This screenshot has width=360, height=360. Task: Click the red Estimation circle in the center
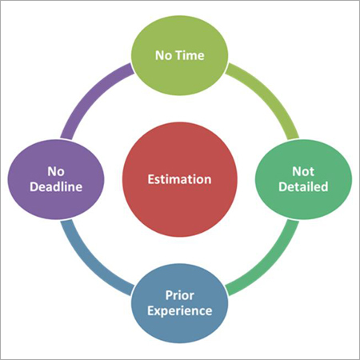(179, 180)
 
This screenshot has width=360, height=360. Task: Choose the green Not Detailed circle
(302, 180)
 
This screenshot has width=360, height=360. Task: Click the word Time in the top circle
(192, 57)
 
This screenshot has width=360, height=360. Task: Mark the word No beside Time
(164, 57)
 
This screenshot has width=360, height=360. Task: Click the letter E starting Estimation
(151, 180)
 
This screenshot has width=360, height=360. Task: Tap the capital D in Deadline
(36, 190)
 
